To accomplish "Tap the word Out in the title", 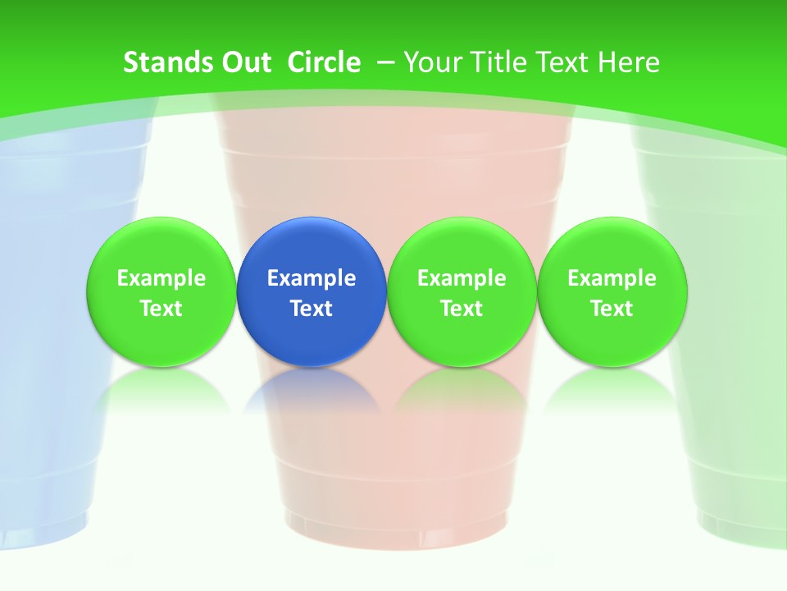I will [243, 62].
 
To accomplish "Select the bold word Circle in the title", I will [324, 62].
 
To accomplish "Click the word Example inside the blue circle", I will [312, 278].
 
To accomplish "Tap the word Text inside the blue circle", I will [312, 309].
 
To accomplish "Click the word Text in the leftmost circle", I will [161, 309].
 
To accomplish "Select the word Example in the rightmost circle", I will [612, 278].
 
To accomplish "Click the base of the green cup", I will [742, 525].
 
